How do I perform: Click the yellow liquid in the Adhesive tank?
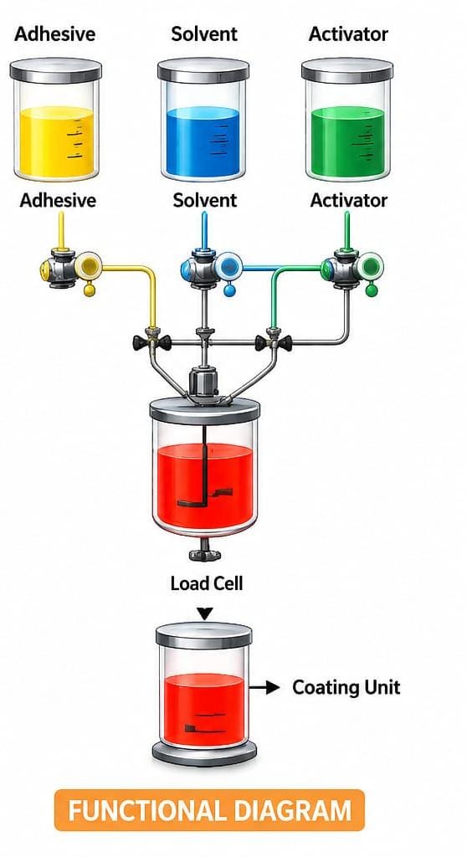click(56, 141)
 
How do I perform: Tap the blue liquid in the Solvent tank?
click(203, 141)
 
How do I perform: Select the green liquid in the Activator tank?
click(348, 141)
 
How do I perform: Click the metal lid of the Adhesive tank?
click(56, 70)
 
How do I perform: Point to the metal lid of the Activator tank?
click(347, 70)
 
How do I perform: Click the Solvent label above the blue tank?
click(204, 33)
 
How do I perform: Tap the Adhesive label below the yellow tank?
click(58, 200)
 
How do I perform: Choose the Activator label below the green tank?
click(349, 200)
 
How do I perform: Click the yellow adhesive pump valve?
click(71, 267)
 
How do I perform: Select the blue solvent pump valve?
click(212, 267)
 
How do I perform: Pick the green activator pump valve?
click(352, 267)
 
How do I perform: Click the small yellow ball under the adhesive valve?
click(90, 290)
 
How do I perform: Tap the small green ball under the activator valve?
click(372, 290)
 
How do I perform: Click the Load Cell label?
click(206, 583)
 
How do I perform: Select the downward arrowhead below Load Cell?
click(204, 613)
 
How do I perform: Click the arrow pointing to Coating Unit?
click(264, 688)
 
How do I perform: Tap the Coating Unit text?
click(346, 688)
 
